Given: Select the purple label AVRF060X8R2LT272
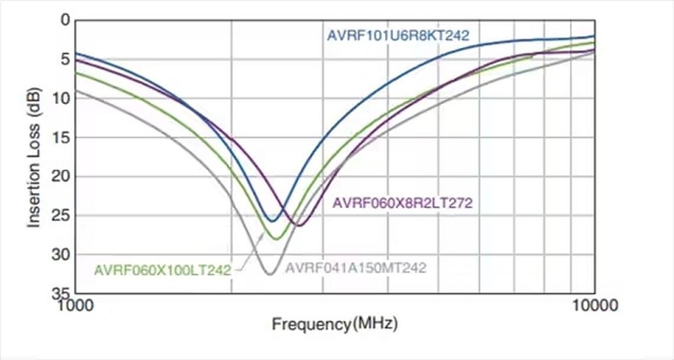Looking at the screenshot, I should (x=402, y=202).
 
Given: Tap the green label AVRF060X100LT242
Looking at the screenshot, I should (x=162, y=269).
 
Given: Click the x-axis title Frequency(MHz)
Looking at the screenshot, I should (x=335, y=325).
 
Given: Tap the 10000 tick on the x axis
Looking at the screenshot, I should (x=595, y=305).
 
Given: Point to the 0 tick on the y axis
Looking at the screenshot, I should (x=64, y=19).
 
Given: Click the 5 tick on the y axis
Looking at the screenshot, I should (x=64, y=58).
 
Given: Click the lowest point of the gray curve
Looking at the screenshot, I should (x=270, y=275).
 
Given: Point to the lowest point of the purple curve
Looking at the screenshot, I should (x=299, y=225).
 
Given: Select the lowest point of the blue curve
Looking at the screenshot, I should (x=273, y=220).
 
